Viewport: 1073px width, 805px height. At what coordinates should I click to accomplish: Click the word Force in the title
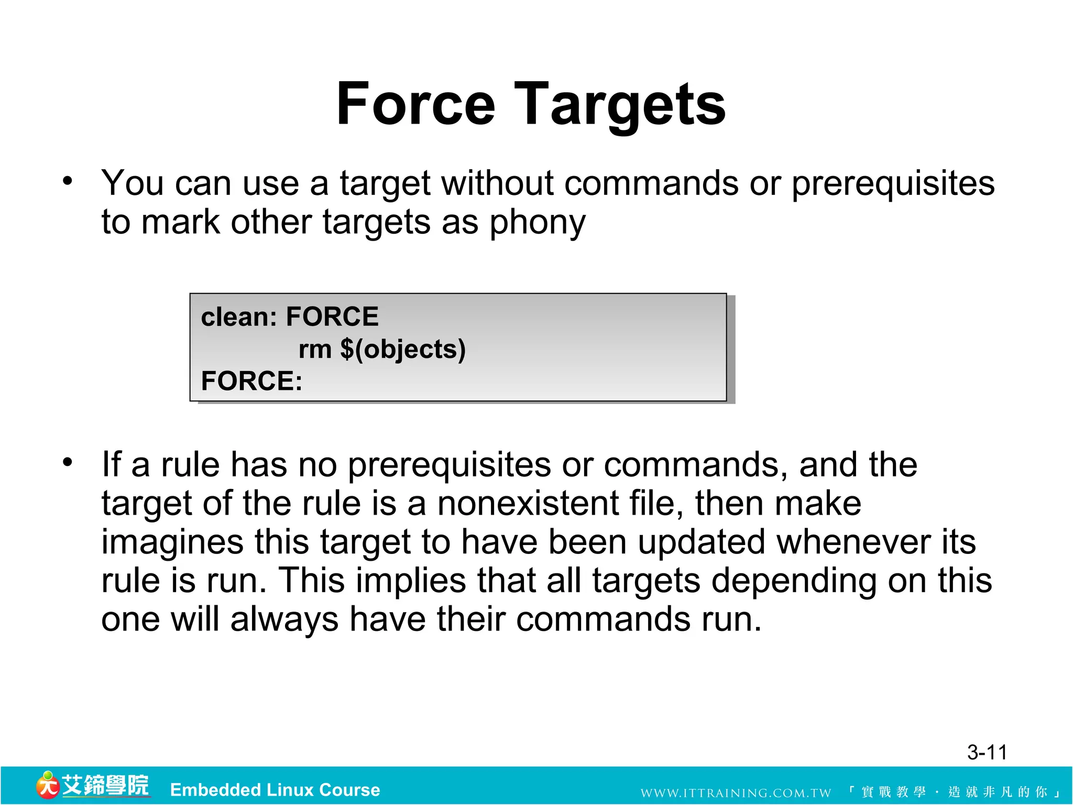coord(415,104)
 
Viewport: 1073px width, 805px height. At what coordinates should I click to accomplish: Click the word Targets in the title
coord(620,106)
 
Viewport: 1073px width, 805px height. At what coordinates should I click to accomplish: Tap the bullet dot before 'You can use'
coord(68,181)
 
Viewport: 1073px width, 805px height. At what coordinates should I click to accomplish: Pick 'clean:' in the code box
coord(239,317)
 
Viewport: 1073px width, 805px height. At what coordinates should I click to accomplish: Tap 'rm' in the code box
coord(315,350)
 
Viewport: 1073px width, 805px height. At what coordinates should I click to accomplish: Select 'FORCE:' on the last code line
coord(251,381)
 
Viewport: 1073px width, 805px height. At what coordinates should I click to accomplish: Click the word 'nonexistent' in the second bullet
coord(528,504)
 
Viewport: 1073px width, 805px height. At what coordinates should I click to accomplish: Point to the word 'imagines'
coord(172,543)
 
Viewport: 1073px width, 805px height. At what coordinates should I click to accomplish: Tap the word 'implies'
coord(411,581)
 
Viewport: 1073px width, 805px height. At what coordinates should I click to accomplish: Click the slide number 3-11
coord(987,753)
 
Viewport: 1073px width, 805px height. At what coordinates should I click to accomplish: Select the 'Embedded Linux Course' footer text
coord(275,790)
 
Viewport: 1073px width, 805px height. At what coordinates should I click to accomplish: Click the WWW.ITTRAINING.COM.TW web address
coord(736,792)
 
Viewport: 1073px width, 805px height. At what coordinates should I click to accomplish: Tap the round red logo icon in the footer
coord(47,786)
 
